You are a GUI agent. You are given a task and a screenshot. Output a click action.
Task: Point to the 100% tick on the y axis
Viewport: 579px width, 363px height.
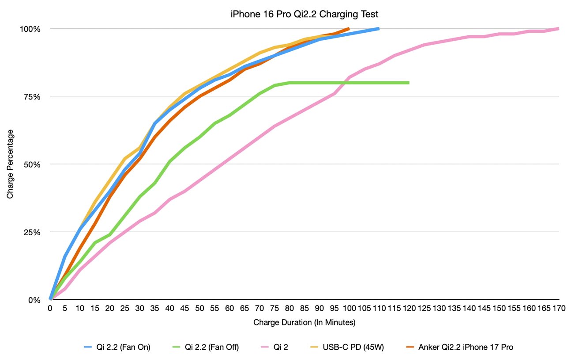tap(31, 29)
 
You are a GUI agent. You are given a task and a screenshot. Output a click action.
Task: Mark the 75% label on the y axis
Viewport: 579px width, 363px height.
tap(33, 96)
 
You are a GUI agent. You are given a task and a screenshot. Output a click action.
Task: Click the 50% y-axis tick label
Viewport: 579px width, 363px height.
tap(33, 164)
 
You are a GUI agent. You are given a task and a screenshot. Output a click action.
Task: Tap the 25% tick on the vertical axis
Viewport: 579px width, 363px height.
tap(33, 232)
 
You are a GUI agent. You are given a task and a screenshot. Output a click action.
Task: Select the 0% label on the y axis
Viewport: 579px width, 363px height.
tap(34, 300)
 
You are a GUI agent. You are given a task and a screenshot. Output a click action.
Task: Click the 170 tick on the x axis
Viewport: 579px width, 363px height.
tap(559, 309)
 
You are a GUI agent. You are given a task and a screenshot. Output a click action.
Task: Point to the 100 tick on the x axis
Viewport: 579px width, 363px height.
tap(349, 309)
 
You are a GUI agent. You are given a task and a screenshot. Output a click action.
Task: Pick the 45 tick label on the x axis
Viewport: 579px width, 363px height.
tap(184, 309)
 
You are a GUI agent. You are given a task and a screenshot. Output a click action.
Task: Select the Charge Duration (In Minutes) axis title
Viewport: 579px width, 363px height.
tap(305, 323)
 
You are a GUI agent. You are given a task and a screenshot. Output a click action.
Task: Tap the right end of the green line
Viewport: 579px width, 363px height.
tap(409, 83)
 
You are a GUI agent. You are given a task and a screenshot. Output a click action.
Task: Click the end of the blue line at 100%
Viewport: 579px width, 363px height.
tap(379, 29)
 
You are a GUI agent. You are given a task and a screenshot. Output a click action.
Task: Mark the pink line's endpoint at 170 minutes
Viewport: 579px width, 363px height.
tap(559, 29)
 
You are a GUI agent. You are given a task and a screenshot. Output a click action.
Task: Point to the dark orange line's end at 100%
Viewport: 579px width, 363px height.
tap(349, 29)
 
